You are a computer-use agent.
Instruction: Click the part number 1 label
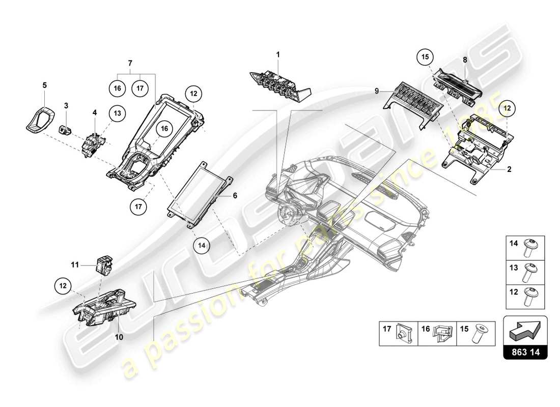point(278,54)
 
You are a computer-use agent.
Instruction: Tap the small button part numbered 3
point(65,129)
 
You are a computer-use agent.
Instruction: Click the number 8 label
point(465,60)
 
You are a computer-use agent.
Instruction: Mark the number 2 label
point(509,170)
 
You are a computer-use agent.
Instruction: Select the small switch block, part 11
point(103,265)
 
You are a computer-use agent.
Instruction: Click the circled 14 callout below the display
point(201,245)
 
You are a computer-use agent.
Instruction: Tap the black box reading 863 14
point(525,352)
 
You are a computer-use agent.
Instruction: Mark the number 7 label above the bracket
point(130,63)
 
